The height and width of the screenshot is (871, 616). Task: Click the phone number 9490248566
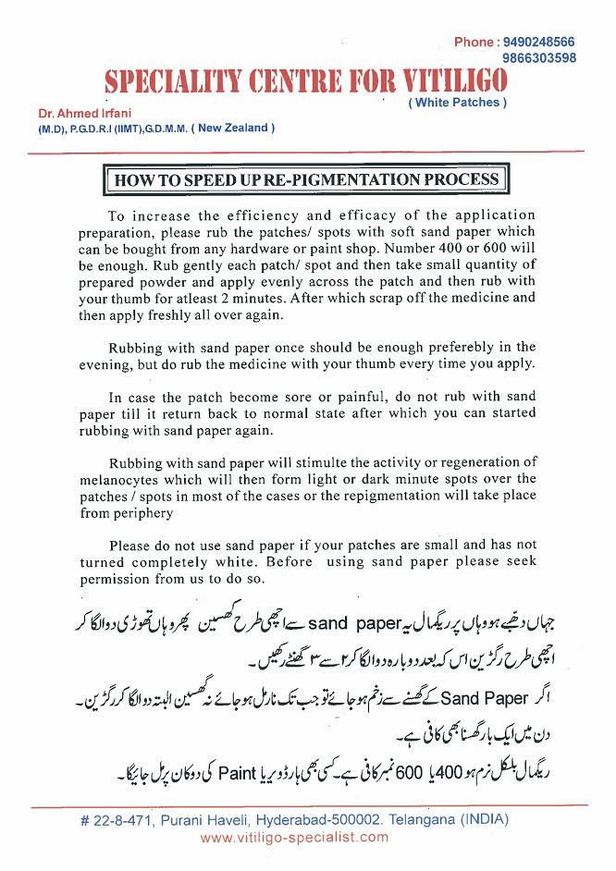click(539, 43)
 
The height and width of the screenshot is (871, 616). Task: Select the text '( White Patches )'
click(457, 103)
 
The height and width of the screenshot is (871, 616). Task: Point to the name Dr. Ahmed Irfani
click(80, 113)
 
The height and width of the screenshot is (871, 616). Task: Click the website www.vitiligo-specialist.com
click(295, 837)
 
